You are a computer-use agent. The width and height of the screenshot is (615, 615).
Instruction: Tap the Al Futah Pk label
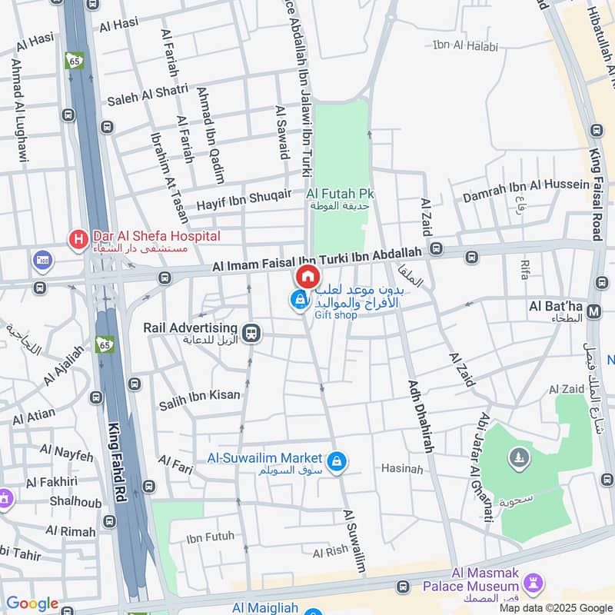point(340,194)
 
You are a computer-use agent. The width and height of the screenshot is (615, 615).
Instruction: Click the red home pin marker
point(307,278)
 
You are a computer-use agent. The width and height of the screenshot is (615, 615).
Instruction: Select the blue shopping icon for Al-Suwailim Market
point(336,461)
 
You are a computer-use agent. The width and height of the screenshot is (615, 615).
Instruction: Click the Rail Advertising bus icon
point(250,333)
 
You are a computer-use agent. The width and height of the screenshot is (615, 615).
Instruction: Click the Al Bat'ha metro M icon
point(593,311)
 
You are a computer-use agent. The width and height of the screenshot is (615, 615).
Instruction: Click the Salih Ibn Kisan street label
point(199,395)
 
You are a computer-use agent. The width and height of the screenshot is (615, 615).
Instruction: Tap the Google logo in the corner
point(32,603)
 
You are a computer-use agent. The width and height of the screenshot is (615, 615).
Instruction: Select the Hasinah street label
point(402,469)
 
